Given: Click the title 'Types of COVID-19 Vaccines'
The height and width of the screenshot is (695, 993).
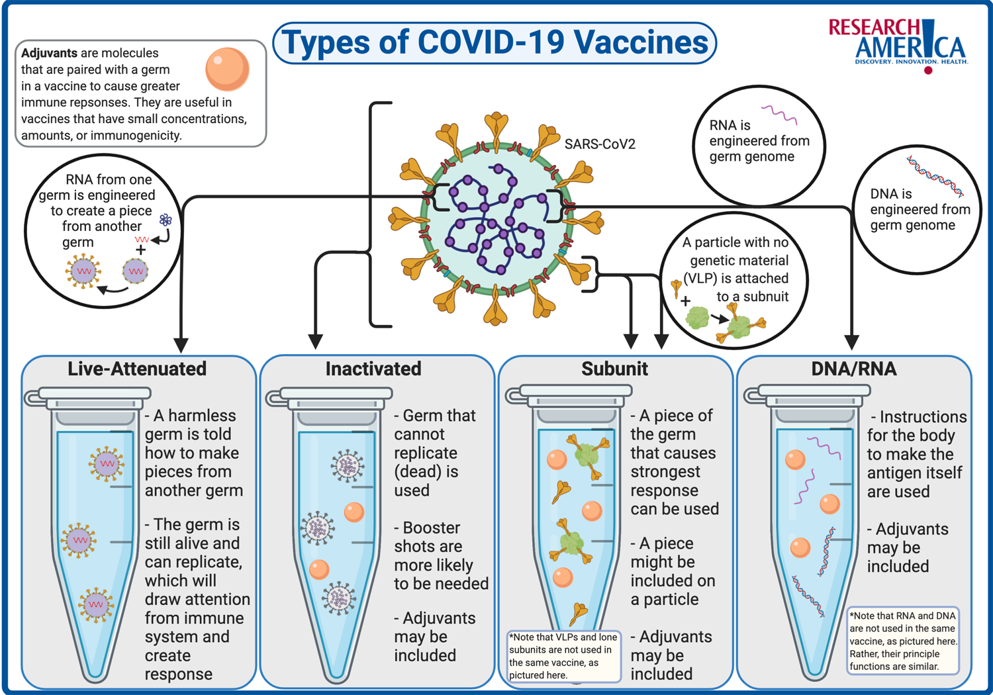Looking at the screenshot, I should [x=495, y=43].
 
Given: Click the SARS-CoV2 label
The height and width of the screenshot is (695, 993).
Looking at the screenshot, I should [x=599, y=144].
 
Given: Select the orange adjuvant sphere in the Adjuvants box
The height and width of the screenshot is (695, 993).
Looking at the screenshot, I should [x=227, y=69].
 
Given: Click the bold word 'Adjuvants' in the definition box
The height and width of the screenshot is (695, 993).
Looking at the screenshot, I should [x=49, y=53].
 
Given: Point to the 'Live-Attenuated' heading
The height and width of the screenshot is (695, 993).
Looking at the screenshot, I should [x=137, y=369].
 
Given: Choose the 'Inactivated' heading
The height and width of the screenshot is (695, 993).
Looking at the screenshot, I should [x=373, y=369].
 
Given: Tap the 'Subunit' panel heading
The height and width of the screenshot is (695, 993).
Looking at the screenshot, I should [x=614, y=369].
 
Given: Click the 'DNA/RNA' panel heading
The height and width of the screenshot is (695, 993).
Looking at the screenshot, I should [x=854, y=369].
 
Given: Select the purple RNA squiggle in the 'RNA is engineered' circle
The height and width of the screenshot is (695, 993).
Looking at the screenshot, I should [x=779, y=115].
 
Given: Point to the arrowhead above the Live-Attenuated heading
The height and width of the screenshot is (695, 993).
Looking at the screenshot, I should [x=181, y=344].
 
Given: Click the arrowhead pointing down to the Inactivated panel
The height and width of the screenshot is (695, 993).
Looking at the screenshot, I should [x=316, y=341].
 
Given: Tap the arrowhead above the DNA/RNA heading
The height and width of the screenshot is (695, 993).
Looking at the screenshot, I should [x=852, y=342].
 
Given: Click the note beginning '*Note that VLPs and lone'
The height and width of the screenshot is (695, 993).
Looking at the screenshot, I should [x=563, y=656].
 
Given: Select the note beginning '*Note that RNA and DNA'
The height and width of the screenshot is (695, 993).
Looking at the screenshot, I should [x=903, y=641].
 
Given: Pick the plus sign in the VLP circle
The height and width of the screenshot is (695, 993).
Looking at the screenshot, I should [x=686, y=302].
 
